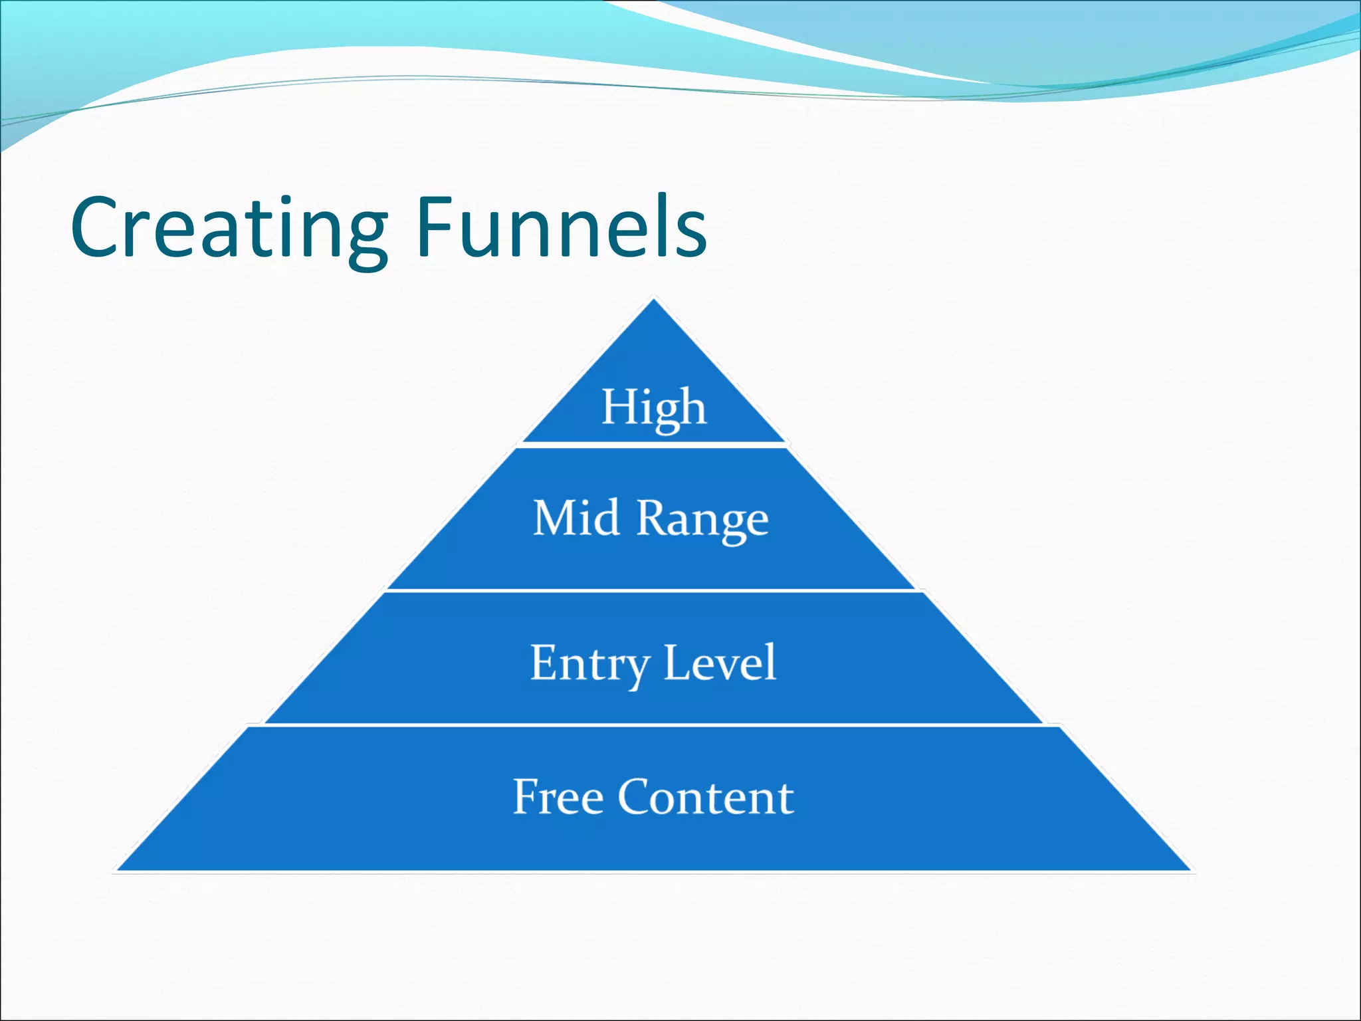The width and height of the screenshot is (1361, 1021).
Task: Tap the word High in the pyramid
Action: [x=654, y=407]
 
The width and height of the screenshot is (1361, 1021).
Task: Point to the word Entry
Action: [x=590, y=663]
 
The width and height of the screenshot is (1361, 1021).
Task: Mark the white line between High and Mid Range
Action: [x=654, y=445]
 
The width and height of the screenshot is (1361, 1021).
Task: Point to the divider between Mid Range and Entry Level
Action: [x=654, y=590]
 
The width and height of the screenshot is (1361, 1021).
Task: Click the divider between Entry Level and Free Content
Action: [x=654, y=725]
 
